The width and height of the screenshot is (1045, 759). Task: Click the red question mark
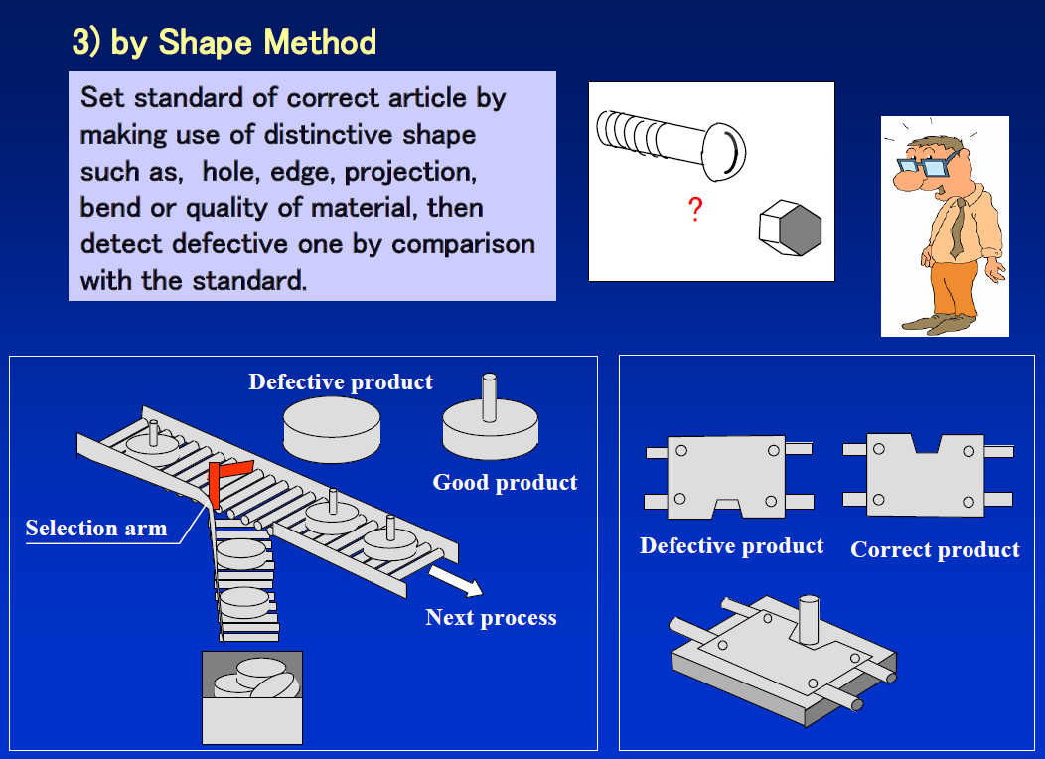point(695,210)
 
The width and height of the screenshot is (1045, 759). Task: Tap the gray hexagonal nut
point(790,228)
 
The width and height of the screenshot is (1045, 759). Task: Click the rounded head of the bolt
point(724,152)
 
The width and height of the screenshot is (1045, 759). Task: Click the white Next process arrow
point(456,580)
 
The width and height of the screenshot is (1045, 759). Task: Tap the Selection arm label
point(96,528)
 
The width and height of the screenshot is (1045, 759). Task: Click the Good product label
point(505,482)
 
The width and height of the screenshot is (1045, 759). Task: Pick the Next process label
point(491,617)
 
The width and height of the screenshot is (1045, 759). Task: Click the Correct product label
point(935,549)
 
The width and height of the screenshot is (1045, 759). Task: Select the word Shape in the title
point(205,42)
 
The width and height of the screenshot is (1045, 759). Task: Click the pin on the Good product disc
point(489,397)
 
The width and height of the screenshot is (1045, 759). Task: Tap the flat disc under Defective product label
point(332,430)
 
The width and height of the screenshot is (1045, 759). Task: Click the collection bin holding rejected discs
point(252,697)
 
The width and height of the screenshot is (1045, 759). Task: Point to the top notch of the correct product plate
point(927,444)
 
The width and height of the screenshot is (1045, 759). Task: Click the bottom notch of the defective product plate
point(727,508)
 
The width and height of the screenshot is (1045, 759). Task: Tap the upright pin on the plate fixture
point(809,619)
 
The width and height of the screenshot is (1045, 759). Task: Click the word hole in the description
point(228,171)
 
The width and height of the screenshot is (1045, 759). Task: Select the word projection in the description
point(410,172)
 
